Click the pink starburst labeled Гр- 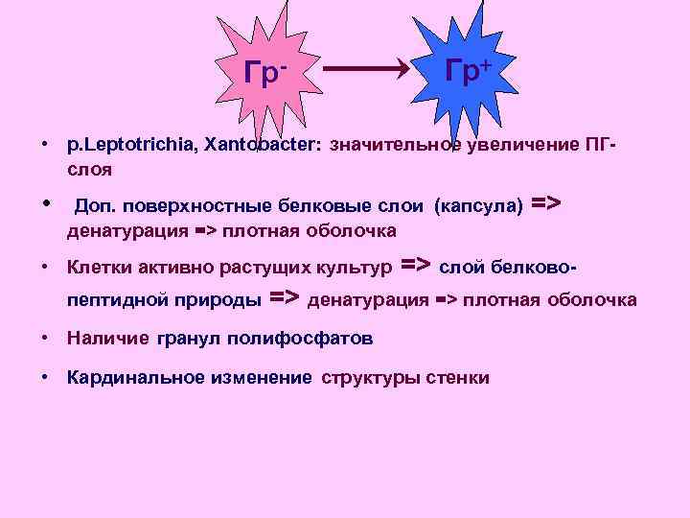click(x=267, y=72)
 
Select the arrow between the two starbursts click(x=368, y=69)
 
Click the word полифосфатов click(x=306, y=339)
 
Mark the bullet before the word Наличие click(x=46, y=339)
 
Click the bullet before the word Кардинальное click(x=46, y=377)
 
